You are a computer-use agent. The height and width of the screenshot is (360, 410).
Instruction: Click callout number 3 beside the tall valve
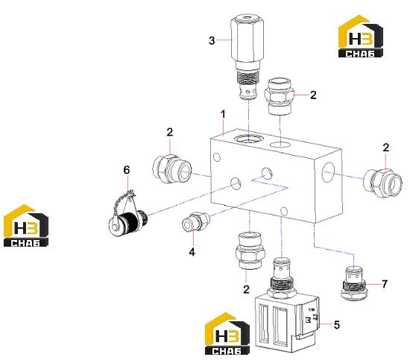point(212,40)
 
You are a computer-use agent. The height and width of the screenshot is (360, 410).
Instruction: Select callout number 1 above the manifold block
point(223,114)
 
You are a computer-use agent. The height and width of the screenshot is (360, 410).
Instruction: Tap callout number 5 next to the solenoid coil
point(337,325)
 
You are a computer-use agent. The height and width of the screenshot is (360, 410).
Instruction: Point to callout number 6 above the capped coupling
point(127,170)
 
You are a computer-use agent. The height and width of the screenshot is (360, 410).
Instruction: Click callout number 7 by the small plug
point(385,284)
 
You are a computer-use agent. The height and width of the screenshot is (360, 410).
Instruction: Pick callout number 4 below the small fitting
point(192,252)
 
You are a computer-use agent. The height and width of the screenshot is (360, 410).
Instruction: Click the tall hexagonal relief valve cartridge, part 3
point(247,57)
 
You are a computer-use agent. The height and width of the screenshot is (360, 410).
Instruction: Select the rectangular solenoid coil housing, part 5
point(287,324)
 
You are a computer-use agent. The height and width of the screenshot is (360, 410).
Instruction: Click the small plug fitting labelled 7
point(354,283)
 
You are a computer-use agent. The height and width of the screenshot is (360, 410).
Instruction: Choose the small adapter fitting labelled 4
point(196,221)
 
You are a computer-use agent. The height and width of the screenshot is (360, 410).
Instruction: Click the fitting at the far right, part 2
point(382,183)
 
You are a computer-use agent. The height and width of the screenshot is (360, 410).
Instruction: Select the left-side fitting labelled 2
point(171,169)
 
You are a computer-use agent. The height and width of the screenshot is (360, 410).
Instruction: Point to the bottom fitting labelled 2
point(250,251)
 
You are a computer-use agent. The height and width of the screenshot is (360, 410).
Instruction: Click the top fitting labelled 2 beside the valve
point(280,96)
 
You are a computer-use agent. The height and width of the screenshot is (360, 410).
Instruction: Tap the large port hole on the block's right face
point(329,171)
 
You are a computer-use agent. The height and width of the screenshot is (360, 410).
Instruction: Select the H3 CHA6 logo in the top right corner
point(360,37)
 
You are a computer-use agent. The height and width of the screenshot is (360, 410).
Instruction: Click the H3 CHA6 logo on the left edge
point(26,226)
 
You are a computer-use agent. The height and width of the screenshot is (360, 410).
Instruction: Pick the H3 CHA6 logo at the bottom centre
point(227,334)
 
